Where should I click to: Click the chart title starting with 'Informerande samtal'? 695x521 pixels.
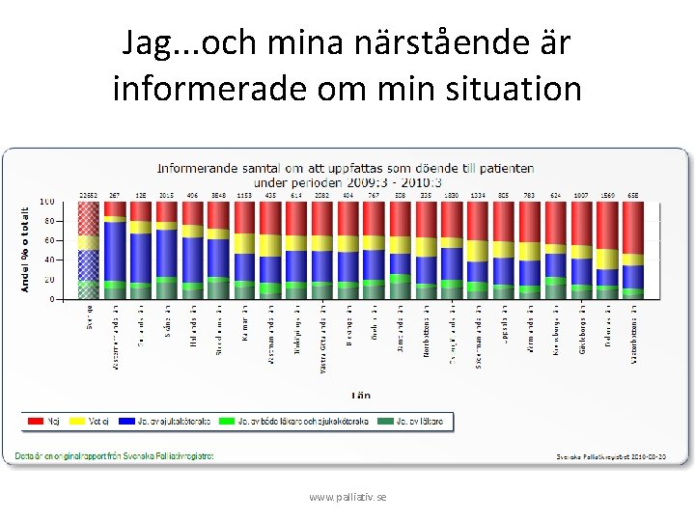[x=346, y=174]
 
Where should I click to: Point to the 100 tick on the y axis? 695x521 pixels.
[x=46, y=202]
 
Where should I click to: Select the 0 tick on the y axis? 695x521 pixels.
[x=50, y=299]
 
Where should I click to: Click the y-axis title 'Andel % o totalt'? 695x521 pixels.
[x=24, y=248]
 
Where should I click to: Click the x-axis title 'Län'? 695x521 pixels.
[x=359, y=395]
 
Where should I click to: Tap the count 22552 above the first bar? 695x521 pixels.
[x=89, y=195]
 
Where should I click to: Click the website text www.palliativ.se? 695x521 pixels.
[x=347, y=496]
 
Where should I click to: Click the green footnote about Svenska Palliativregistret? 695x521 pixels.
[x=114, y=455]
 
